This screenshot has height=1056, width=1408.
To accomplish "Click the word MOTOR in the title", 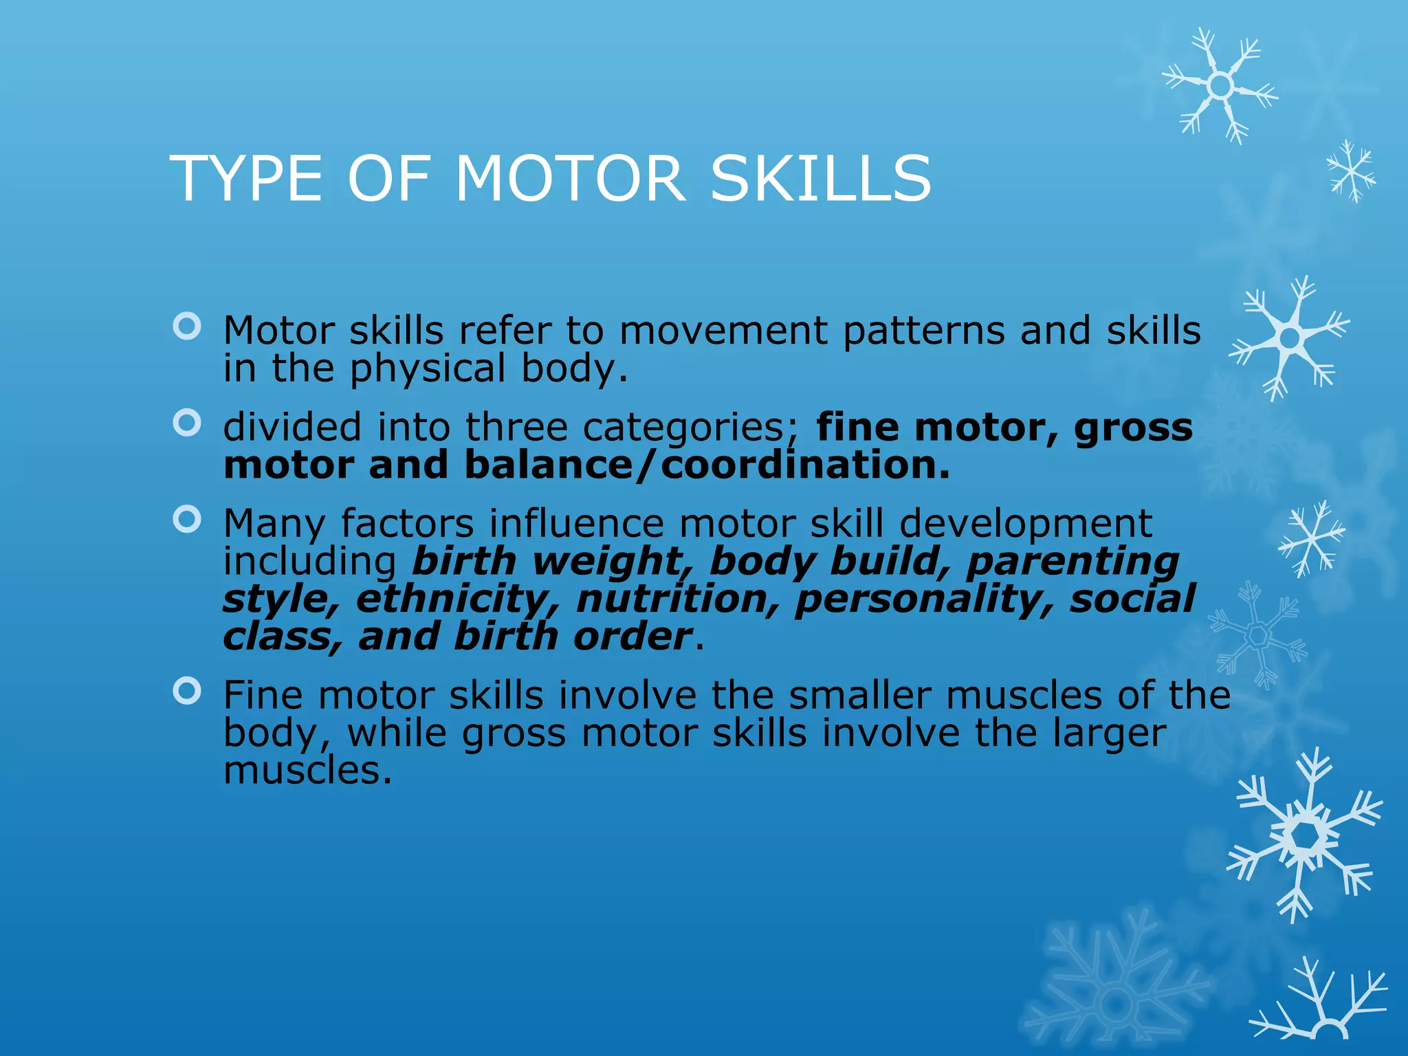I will click(570, 179).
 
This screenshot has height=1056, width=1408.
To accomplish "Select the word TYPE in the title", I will click(246, 179).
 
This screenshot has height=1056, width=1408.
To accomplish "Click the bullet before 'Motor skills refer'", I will click(187, 326).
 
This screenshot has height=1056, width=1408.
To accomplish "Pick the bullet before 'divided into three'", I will click(187, 423).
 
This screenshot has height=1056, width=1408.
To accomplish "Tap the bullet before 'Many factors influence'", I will click(187, 519).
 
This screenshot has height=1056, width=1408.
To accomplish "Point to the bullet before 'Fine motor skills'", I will click(187, 690).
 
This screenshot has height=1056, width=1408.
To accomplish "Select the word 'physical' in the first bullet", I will click(428, 369).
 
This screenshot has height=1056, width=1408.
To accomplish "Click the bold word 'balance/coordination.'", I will click(707, 465).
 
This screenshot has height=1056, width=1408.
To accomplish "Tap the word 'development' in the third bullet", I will click(1026, 524).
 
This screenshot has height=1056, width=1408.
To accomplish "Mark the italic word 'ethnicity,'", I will click(458, 599).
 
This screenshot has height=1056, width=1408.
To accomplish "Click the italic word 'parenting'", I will click(1072, 562).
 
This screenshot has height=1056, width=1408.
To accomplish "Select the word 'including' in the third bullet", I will click(309, 562).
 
